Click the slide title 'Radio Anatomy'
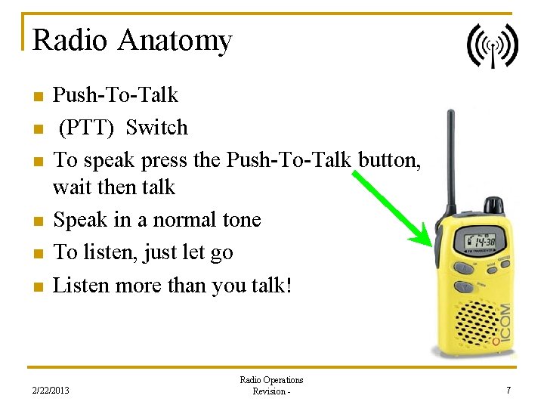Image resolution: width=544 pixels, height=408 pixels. pos(132,40)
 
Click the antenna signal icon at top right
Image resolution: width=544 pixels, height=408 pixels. pos(493,45)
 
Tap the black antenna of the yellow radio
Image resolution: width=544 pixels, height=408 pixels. pos(451,159)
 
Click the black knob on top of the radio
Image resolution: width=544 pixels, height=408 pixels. pos(493,206)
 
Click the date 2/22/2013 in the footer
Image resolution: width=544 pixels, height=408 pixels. pos(51,391)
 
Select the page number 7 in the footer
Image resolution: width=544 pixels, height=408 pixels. pos(508,391)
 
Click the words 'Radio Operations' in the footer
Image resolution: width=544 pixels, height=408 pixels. pos(271,380)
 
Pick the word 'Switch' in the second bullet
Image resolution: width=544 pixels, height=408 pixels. pos(156,128)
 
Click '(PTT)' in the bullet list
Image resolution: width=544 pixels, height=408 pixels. pos(87,128)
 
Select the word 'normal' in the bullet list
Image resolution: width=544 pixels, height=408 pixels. pos(169,220)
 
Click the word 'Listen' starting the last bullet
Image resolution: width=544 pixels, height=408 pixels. pos(77,286)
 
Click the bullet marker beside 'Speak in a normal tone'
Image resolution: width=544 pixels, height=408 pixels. pos(37,221)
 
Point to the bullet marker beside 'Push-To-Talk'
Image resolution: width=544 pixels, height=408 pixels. pos(37,97)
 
